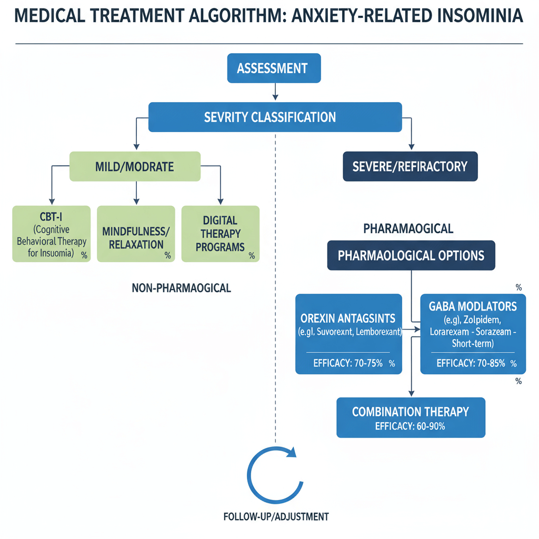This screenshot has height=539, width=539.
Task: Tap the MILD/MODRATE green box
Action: pyautogui.click(x=135, y=167)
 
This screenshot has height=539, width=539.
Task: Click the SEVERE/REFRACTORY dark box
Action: pyautogui.click(x=410, y=167)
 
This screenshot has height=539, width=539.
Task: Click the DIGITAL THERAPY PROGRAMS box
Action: pyautogui.click(x=220, y=234)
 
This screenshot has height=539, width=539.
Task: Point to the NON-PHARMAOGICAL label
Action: pyautogui.click(x=182, y=288)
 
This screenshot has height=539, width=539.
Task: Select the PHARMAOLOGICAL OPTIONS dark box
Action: pyautogui.click(x=411, y=256)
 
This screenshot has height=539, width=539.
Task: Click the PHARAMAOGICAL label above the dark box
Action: pyautogui.click(x=408, y=229)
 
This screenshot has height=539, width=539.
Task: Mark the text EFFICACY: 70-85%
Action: pyautogui.click(x=471, y=363)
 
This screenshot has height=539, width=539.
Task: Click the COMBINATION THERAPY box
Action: pyautogui.click(x=410, y=412)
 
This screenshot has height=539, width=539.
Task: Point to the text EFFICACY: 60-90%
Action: pyautogui.click(x=410, y=426)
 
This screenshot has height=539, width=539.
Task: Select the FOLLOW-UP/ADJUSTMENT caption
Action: pyautogui.click(x=276, y=516)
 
